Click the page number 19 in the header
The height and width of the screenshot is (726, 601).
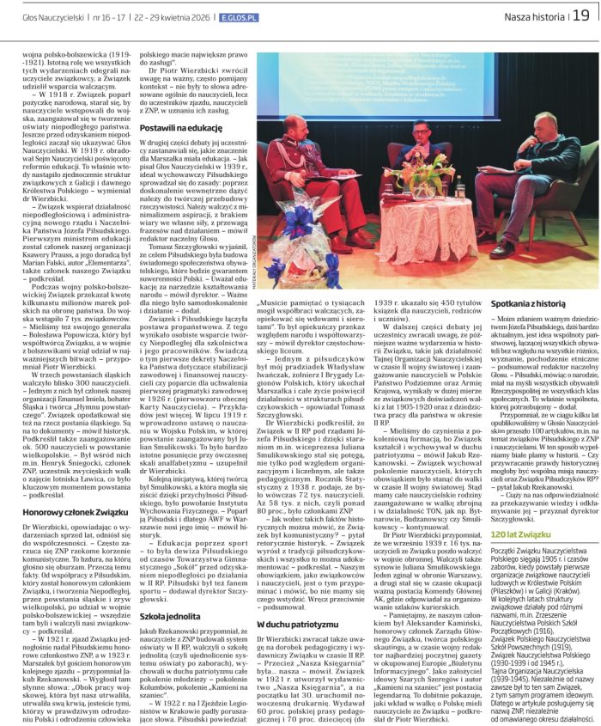click(x=580, y=15)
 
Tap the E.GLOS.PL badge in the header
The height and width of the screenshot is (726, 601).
click(x=239, y=15)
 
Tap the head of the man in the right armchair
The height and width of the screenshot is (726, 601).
click(x=548, y=113)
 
